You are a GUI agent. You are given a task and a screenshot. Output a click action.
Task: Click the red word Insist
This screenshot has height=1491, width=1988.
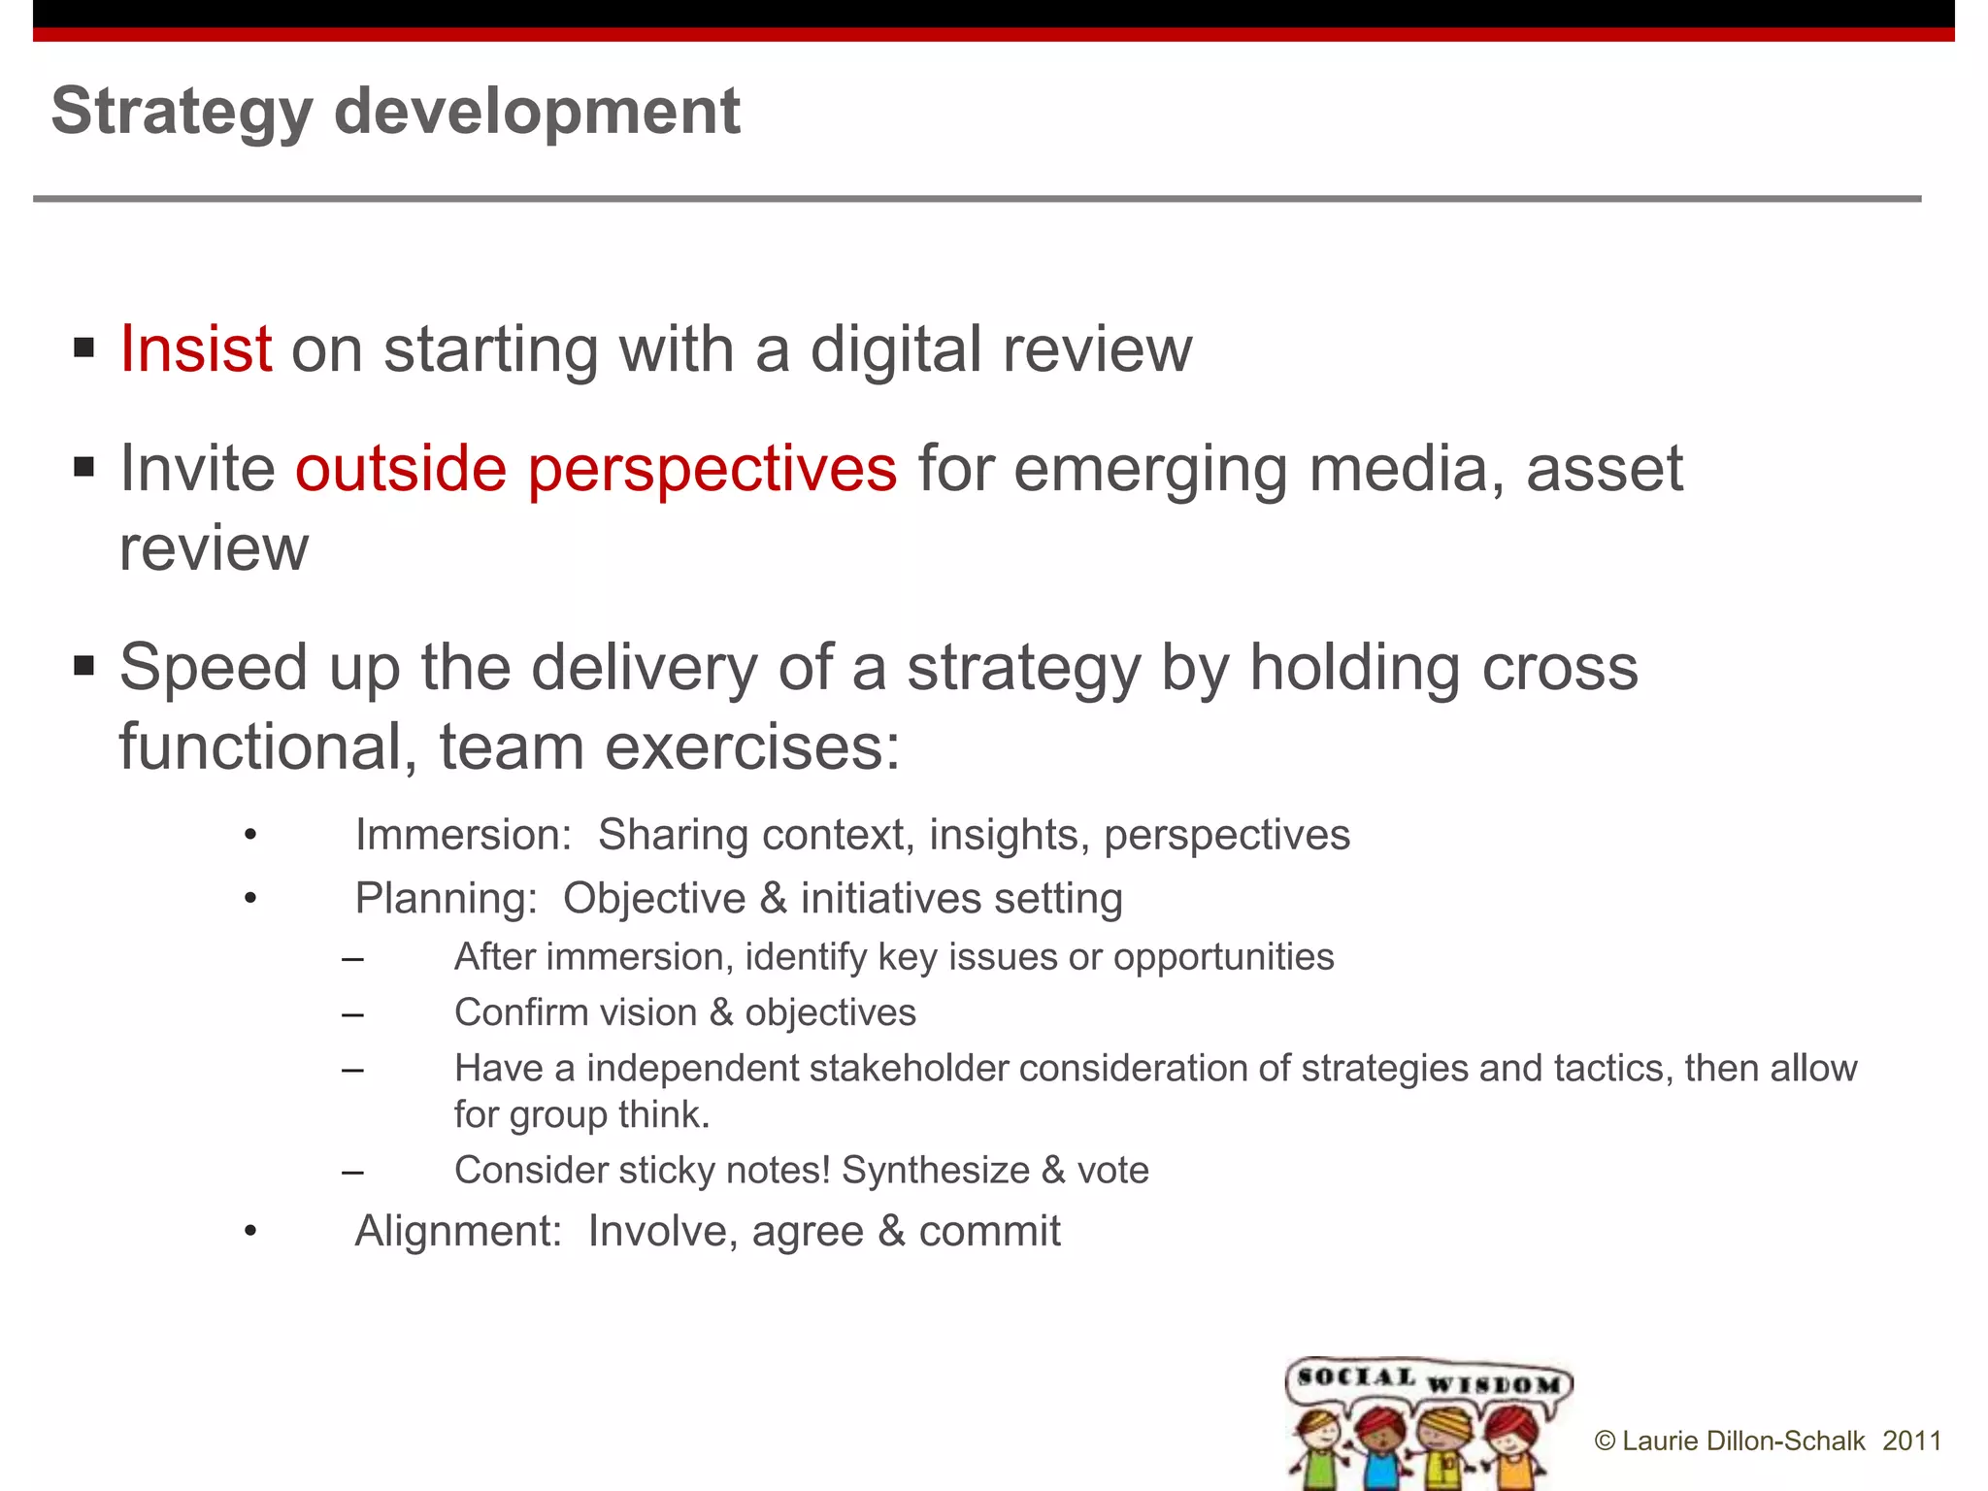coord(195,348)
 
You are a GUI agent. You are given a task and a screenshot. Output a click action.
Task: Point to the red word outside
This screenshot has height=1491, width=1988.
coord(401,469)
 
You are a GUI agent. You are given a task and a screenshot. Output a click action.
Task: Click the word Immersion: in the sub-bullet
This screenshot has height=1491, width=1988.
coord(463,835)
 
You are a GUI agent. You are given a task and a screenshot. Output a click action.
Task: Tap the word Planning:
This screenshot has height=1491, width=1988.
coord(446,898)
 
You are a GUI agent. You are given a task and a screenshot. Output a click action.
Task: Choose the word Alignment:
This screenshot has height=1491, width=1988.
coord(458,1231)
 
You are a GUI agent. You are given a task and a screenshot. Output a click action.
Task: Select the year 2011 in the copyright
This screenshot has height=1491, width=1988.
coord(1911,1441)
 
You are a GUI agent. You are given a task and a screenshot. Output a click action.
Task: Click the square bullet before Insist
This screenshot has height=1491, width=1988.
coord(84,348)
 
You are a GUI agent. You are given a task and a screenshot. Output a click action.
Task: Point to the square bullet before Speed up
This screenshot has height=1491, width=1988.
coord(84,666)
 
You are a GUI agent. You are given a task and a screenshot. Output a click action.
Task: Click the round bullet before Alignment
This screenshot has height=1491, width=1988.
coord(250,1232)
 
